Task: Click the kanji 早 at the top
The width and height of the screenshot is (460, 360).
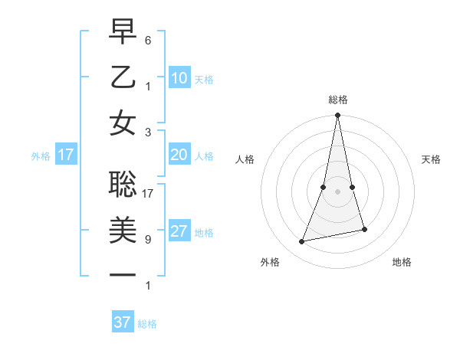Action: click(123, 33)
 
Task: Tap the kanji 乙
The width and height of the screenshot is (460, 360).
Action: click(123, 77)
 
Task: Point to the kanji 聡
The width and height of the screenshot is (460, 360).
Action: click(123, 184)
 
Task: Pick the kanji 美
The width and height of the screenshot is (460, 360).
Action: click(123, 229)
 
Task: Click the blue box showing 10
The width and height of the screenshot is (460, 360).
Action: click(179, 78)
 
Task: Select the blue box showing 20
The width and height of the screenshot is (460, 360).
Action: click(179, 155)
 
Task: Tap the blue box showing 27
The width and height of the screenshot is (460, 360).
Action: click(179, 231)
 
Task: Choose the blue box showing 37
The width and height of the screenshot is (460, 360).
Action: click(123, 322)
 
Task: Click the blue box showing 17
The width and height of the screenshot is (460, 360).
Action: click(66, 155)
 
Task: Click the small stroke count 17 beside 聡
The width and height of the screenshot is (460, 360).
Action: click(149, 193)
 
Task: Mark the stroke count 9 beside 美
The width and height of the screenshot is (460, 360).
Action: click(148, 239)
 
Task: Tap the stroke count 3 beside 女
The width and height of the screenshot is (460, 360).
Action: click(148, 132)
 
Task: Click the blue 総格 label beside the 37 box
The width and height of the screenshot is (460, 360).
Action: click(147, 324)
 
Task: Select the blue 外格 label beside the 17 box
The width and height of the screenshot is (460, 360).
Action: click(41, 156)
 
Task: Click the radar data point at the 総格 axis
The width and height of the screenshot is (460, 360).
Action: click(337, 116)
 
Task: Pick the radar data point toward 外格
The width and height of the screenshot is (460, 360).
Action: click(302, 242)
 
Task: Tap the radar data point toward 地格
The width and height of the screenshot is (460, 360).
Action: click(364, 229)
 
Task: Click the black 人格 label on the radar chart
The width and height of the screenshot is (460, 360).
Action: click(245, 159)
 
